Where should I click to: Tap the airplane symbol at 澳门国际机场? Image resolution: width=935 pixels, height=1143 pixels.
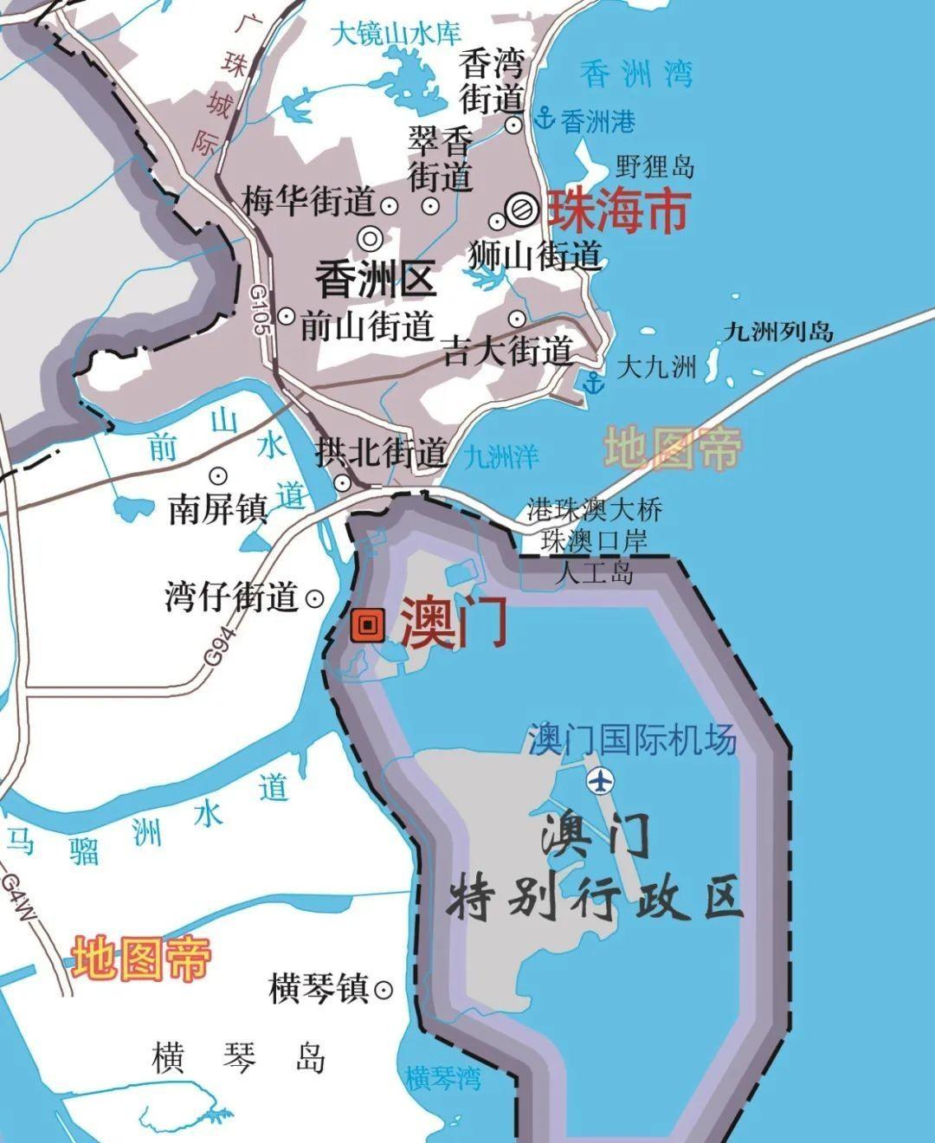tap(599, 780)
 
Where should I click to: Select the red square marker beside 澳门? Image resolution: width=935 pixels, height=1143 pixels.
tap(367, 625)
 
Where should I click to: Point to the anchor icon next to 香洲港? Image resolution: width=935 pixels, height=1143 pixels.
tap(545, 119)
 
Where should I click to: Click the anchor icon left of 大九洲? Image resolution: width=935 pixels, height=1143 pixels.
tap(592, 382)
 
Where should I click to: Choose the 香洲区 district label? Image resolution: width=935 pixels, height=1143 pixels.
tap(376, 281)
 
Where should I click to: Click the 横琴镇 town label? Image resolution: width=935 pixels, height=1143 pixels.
tap(319, 988)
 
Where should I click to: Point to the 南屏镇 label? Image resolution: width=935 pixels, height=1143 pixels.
tap(216, 510)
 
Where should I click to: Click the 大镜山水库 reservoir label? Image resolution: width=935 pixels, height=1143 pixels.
tap(397, 36)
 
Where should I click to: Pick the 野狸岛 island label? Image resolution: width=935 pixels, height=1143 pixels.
tap(654, 165)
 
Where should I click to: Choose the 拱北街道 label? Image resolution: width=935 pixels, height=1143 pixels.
tap(382, 451)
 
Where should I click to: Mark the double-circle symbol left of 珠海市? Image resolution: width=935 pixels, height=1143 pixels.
tap(522, 209)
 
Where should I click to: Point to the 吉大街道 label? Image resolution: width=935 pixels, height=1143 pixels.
tap(507, 351)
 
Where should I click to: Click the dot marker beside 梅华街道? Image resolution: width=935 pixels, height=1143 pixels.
tap(390, 206)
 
